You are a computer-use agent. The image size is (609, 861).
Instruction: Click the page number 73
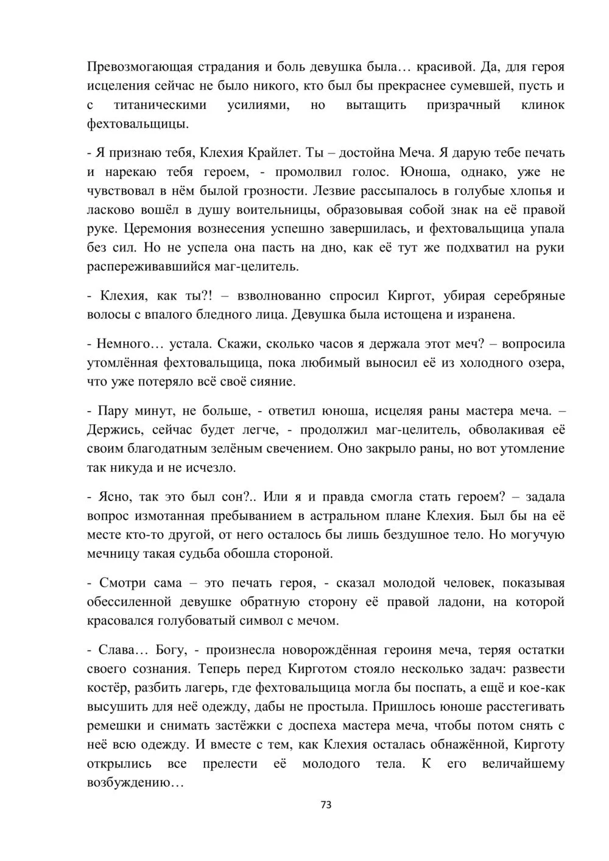pos(325,804)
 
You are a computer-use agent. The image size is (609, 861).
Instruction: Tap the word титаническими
pos(160,105)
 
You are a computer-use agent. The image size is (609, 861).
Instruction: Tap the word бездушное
pos(478,535)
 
